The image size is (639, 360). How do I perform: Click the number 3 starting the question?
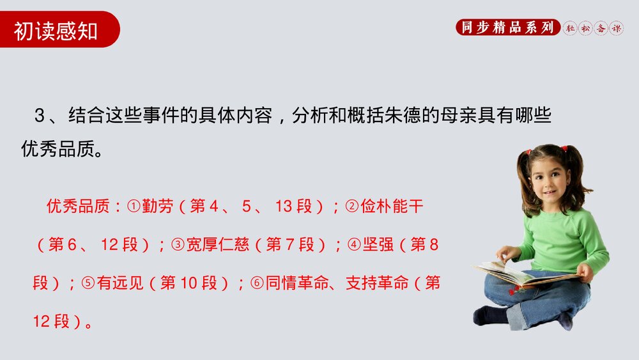click(40, 116)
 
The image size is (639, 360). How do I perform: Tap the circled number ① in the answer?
click(134, 207)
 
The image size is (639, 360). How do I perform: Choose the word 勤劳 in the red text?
click(157, 207)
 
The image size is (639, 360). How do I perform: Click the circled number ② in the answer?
click(352, 207)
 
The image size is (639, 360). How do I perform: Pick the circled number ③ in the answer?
click(178, 245)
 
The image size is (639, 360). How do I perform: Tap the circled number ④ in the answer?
click(354, 245)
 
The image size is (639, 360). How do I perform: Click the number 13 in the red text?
click(284, 207)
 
